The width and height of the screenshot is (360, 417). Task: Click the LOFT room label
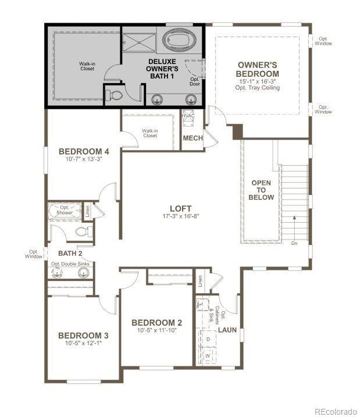click(180, 208)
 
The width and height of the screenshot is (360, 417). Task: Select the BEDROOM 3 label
click(83, 336)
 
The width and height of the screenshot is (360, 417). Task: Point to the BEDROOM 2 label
click(157, 323)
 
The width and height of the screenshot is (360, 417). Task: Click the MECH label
click(193, 138)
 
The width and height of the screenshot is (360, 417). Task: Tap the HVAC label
click(188, 116)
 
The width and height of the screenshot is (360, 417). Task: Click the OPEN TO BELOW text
click(261, 190)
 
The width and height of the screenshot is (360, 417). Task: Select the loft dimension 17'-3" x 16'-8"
click(180, 216)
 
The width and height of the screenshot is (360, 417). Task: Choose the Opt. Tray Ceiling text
click(258, 88)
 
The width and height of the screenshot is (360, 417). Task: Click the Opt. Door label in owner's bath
click(194, 81)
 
